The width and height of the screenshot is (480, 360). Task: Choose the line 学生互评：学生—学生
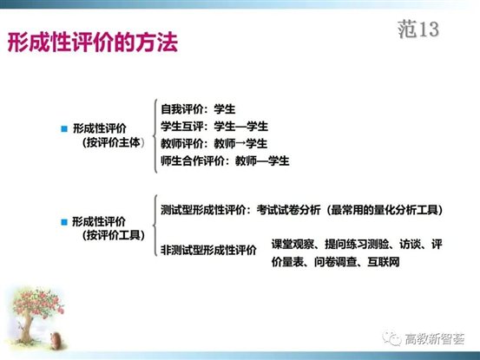tap(214, 126)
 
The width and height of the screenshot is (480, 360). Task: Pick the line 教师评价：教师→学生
tap(214, 143)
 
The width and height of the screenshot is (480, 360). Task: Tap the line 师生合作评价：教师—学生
tap(225, 160)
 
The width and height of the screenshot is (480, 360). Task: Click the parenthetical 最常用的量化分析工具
tap(386, 210)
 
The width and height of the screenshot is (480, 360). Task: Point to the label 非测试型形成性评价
tap(209, 251)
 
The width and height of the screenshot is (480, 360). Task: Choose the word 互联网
tap(383, 260)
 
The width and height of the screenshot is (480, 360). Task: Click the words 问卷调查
tap(340, 260)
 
